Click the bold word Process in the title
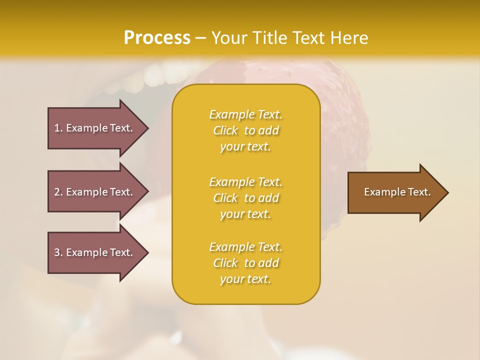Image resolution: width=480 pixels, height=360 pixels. pos(157,38)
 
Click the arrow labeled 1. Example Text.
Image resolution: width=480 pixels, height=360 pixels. pos(95,128)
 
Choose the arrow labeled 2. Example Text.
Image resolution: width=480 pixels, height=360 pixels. pos(95,192)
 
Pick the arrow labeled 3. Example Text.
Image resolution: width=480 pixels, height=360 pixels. pos(95,252)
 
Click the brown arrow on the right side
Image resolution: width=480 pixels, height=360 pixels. pos(395,192)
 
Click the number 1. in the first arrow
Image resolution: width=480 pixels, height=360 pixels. pos(58,128)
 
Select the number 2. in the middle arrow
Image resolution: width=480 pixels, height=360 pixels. pos(58,192)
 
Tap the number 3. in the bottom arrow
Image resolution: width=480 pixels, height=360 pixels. pos(58,252)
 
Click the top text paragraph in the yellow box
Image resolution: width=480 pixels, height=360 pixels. pos(245,130)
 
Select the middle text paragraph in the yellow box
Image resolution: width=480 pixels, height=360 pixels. pos(245,198)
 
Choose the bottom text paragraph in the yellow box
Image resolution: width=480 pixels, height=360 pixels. pos(245,263)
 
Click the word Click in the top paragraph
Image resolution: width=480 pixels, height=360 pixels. pos(225,131)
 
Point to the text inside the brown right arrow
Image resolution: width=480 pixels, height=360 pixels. pos(397,192)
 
